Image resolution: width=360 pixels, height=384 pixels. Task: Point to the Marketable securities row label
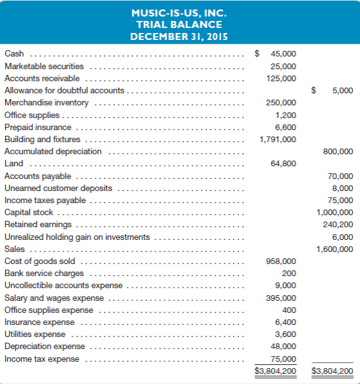tap(44, 66)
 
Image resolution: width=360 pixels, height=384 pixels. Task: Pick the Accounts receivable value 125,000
tap(281, 78)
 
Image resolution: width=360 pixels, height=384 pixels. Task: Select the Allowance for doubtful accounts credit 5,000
tap(342, 91)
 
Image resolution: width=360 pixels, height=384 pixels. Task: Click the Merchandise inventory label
tap(47, 103)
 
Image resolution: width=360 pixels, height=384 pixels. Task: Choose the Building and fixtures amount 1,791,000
tap(277, 139)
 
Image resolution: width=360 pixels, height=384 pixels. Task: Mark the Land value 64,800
tap(283, 164)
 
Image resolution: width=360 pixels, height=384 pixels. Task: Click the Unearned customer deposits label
tap(58, 188)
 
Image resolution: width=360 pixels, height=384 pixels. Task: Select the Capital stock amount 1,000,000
tap(335, 213)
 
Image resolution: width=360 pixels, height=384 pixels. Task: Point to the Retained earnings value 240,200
tap(338, 225)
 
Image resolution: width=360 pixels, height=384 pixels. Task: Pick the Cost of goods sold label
tap(39, 261)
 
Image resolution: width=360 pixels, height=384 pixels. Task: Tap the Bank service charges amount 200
tap(289, 273)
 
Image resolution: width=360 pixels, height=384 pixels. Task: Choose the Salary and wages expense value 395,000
tap(281, 298)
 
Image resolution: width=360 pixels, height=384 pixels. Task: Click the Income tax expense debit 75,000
tap(283, 359)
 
